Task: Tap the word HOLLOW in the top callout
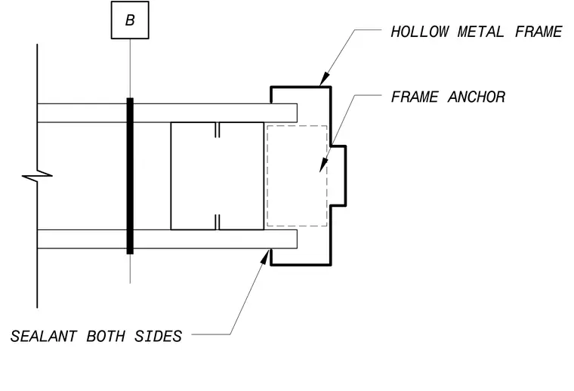coord(419,32)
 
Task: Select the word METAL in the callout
coord(480,32)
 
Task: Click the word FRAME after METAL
coord(539,32)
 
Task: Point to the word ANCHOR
coord(477,97)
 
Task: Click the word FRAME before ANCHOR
coord(415,97)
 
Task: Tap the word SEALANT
coord(44,336)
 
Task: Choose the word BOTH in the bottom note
coord(106,336)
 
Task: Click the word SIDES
coord(158,336)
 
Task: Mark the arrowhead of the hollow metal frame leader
coord(323,79)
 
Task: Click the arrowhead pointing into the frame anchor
coord(323,165)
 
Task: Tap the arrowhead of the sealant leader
coord(265,256)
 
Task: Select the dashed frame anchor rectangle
coord(267,176)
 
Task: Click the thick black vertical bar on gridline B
coord(130,176)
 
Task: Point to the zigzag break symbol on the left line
coord(37,176)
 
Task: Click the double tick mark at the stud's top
coord(217,130)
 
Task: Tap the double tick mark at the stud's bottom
coord(217,222)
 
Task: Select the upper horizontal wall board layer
coord(167,113)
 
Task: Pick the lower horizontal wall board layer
coord(167,239)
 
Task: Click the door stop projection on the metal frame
coord(346,176)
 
